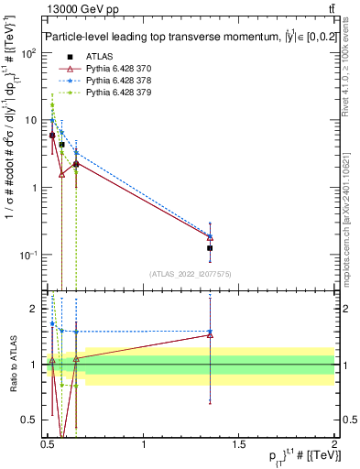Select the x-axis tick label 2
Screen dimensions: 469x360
333,444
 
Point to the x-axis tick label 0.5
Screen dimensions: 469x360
48,444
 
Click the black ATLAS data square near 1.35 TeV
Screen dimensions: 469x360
211,248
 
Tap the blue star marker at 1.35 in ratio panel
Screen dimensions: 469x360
211,332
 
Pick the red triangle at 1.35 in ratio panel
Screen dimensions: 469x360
211,335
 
